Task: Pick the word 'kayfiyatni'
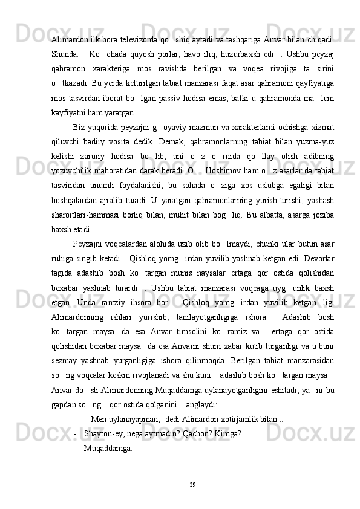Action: [x=68, y=95]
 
